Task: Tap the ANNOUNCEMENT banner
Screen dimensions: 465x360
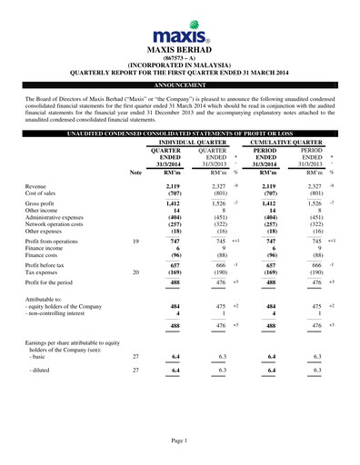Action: [180, 82]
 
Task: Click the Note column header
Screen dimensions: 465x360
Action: [136, 171]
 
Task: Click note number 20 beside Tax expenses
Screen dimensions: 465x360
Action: [136, 271]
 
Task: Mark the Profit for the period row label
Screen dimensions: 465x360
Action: [56, 282]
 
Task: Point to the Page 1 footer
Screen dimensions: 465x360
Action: [179, 440]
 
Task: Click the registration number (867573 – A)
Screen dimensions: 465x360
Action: [179, 58]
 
